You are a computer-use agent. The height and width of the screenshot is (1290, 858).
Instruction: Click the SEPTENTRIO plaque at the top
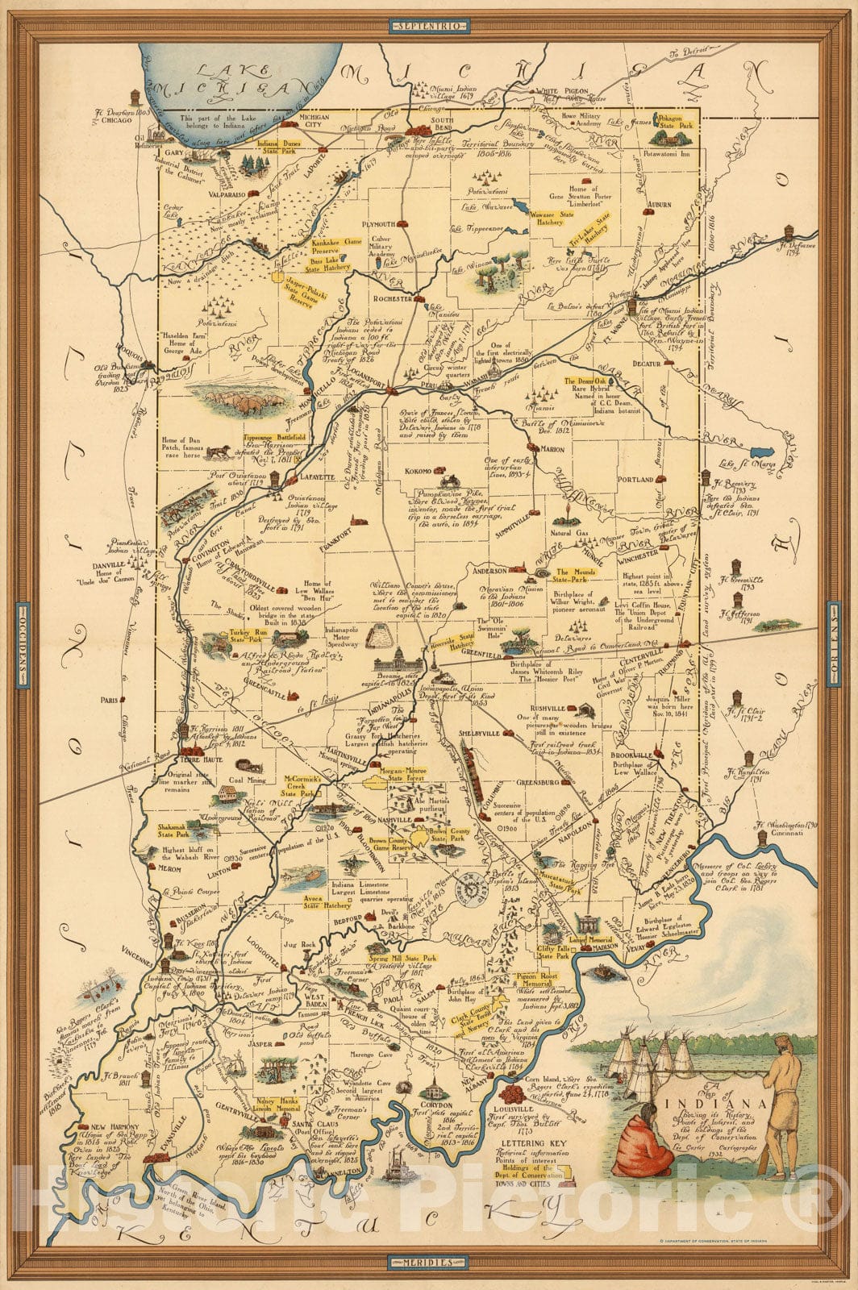[x=428, y=26]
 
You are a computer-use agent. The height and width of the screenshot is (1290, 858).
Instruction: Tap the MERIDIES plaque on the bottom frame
[x=428, y=1261]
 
